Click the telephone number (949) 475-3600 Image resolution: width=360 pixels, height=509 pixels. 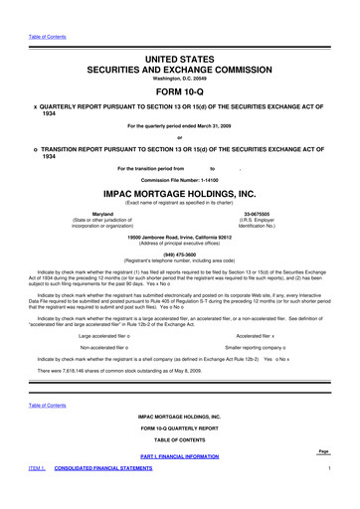(x=179, y=252)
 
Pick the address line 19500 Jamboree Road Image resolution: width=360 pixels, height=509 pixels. (x=179, y=237)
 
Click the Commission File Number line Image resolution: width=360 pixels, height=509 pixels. (x=179, y=179)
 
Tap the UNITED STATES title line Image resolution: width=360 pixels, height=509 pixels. (x=179, y=33)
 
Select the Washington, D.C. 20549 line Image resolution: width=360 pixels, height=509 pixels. (x=179, y=57)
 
